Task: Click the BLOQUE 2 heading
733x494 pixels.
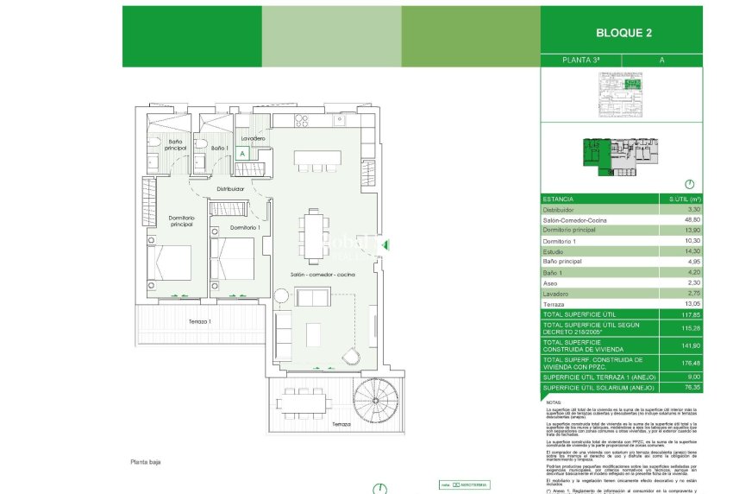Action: click(x=623, y=34)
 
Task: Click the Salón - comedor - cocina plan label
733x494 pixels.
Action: click(x=322, y=274)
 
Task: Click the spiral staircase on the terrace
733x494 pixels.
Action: click(x=377, y=400)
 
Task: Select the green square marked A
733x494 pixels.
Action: click(x=242, y=153)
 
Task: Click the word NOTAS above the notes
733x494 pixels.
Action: click(x=554, y=402)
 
